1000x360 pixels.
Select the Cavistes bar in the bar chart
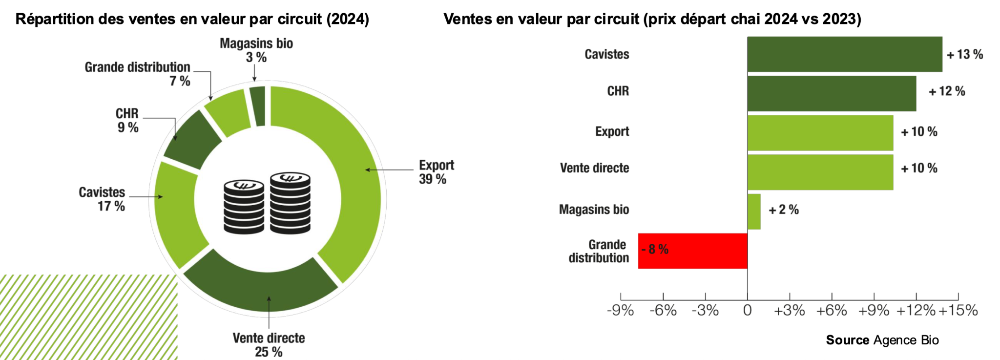(x=845, y=54)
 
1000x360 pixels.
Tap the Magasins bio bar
(x=754, y=212)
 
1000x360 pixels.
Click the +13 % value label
(x=965, y=54)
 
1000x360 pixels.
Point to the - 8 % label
(x=655, y=249)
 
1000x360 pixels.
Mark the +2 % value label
(x=784, y=210)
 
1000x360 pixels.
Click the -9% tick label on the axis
(x=620, y=311)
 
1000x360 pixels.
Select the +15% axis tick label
(x=958, y=311)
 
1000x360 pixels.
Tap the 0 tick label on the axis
(x=747, y=311)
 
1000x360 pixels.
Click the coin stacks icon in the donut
(x=267, y=203)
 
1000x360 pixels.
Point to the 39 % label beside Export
(x=433, y=179)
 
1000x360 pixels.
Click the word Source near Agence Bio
(x=847, y=340)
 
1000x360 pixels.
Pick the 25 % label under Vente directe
(x=269, y=352)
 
